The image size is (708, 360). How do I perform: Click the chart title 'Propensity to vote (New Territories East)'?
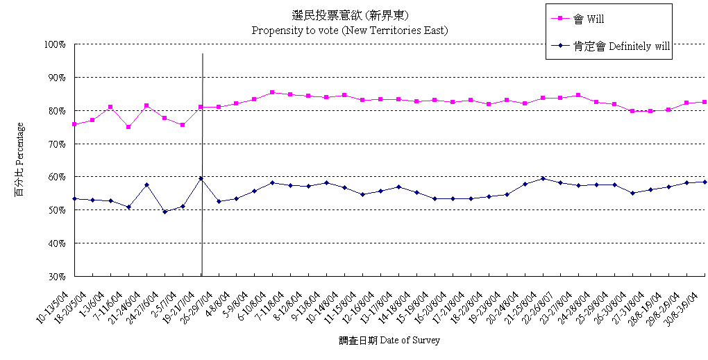349,31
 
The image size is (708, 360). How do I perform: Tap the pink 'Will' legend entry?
589,19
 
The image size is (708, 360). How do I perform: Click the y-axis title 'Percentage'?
19,159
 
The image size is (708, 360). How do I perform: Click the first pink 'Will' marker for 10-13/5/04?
74,124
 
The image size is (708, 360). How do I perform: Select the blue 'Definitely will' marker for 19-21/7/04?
201,178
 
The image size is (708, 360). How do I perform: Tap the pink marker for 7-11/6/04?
128,127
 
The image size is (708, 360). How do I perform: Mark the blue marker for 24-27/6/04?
165,212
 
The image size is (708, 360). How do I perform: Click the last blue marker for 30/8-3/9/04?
705,182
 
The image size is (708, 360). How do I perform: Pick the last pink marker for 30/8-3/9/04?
705,102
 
